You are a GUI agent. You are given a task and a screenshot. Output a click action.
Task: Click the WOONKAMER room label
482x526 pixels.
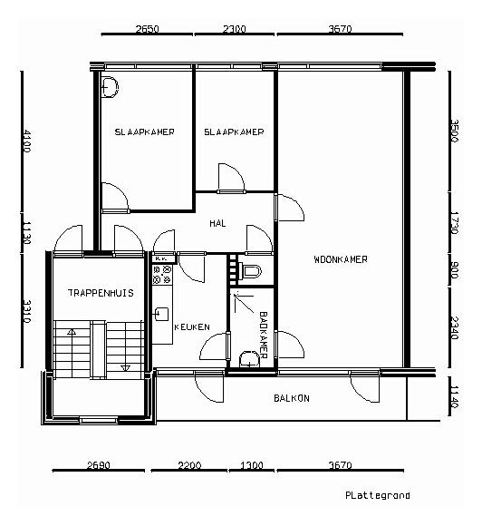coord(341,259)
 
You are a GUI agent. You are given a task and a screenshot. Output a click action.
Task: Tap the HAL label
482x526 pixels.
coord(217,223)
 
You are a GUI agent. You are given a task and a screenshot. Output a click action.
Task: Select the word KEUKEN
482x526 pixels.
coord(192,326)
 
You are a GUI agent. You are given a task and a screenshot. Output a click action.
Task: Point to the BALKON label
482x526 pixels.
coord(292,398)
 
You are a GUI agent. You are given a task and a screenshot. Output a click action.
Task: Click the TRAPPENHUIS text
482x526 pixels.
coord(101,293)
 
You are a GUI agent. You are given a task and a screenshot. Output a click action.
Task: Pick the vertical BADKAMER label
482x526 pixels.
coord(264,336)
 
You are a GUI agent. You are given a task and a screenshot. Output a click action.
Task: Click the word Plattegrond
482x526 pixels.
coord(378,495)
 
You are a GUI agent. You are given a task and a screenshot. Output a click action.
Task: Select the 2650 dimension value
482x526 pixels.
coord(147,29)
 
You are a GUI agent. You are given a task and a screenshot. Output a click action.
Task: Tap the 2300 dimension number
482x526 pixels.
coord(235,29)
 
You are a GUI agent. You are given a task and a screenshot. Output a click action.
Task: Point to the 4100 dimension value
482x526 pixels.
coord(26,141)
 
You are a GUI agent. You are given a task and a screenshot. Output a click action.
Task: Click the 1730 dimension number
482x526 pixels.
coord(454,223)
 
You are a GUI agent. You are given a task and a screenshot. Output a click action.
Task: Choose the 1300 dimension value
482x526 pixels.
coord(252,465)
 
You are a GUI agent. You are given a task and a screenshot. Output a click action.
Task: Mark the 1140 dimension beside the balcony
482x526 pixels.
coord(454,397)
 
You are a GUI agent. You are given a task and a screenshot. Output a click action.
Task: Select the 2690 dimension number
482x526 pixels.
coord(98,465)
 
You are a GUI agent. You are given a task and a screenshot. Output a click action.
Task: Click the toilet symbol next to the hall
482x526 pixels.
coord(250,271)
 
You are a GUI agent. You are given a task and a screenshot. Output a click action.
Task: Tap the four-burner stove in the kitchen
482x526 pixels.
coord(162,275)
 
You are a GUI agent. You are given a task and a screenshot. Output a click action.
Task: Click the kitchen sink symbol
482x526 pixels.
coord(161,314)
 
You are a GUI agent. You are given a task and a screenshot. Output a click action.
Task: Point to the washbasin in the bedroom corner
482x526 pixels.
coord(110,87)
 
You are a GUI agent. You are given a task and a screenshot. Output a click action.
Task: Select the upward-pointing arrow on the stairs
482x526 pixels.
coord(71,332)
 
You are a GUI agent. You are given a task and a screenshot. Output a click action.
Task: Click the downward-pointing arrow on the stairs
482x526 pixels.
coord(125,368)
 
